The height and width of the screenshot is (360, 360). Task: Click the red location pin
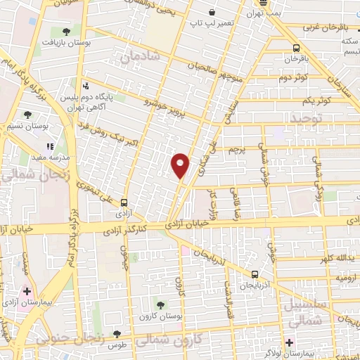point(181,165)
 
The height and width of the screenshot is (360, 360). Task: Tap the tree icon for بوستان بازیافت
point(66,31)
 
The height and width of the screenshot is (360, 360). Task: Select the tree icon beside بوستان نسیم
point(28,115)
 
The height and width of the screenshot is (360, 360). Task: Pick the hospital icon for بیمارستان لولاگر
point(290,342)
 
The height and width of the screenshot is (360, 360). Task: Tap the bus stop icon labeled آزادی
point(124,200)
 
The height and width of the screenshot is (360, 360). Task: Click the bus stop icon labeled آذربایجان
point(255,275)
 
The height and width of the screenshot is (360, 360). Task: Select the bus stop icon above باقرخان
point(295,48)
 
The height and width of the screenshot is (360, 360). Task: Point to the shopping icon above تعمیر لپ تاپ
point(212,13)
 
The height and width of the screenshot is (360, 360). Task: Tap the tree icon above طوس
point(117,333)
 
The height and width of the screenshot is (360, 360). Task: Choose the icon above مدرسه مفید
point(50,147)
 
